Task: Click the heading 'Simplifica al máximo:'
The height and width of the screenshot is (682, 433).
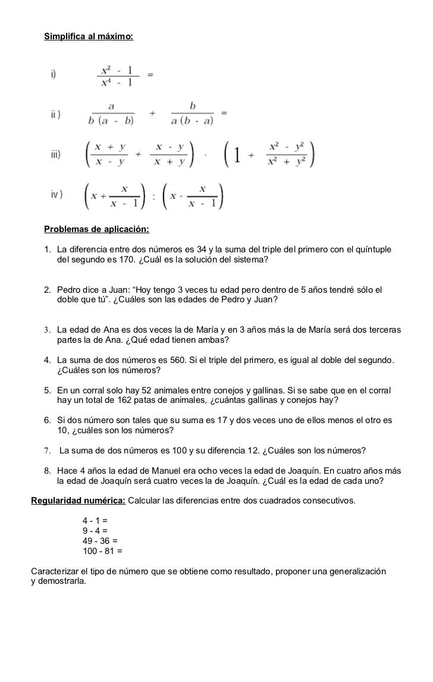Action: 89,37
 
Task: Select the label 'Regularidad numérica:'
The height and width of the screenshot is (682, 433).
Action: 78,500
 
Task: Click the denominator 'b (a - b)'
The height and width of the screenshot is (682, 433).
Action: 111,120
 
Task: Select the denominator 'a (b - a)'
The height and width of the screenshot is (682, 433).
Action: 193,120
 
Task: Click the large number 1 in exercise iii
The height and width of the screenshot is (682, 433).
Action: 236,155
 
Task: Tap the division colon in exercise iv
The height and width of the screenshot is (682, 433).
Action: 154,196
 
